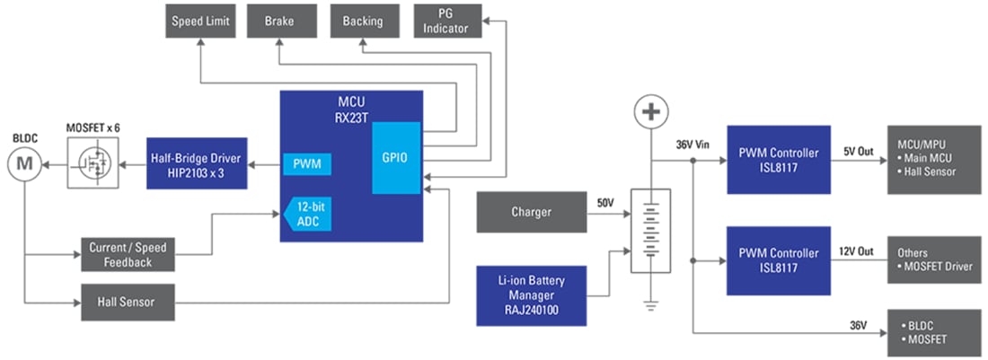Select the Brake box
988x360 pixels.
(278, 22)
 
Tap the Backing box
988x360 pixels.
(363, 22)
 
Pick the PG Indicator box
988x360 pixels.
(447, 22)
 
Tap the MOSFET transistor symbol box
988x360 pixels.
(93, 163)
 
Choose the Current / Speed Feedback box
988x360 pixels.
(128, 255)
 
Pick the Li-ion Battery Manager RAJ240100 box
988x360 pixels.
(530, 295)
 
